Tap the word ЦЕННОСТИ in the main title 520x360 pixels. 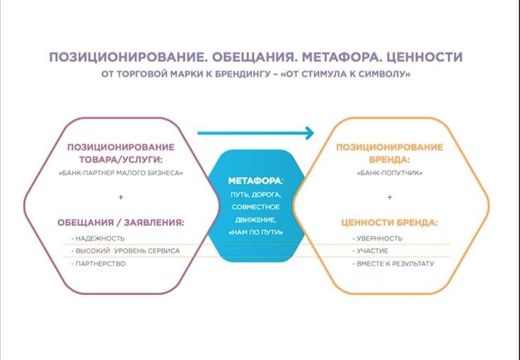click(424, 57)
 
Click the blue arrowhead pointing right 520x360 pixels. click(310, 133)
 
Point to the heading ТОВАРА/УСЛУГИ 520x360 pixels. click(121, 160)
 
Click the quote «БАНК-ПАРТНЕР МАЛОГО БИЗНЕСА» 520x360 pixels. click(121, 173)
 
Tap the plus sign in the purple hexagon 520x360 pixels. click(121, 197)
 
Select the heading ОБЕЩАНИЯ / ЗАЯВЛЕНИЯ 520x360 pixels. click(121, 222)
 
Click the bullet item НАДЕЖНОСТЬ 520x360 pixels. click(98, 238)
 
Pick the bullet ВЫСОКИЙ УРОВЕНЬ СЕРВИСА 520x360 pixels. click(125, 251)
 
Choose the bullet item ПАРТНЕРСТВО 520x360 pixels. click(98, 264)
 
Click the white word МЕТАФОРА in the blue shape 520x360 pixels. click(255, 181)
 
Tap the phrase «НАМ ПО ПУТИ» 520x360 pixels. click(255, 233)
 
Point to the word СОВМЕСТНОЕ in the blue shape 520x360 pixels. click(255, 207)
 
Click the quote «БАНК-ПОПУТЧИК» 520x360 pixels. click(390, 173)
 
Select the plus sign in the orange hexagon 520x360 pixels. click(390, 197)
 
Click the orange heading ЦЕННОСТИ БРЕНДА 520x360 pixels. click(389, 222)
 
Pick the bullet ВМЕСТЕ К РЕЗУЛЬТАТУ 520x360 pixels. click(393, 264)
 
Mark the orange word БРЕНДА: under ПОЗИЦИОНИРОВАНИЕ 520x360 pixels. click(390, 160)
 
